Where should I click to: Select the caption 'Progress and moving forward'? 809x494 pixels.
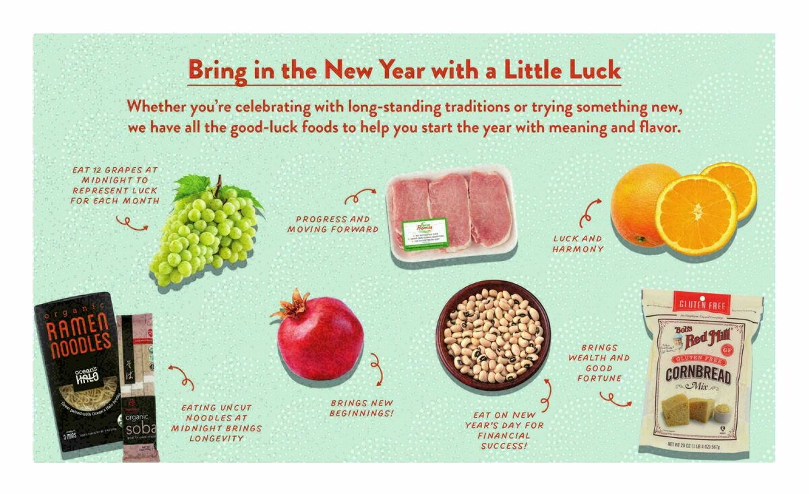click(333, 224)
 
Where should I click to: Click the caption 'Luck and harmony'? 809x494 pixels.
click(578, 243)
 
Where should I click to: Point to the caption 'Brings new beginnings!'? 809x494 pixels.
click(361, 408)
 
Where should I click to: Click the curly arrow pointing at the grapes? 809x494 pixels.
click(131, 223)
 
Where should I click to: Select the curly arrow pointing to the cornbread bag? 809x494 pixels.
click(615, 399)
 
